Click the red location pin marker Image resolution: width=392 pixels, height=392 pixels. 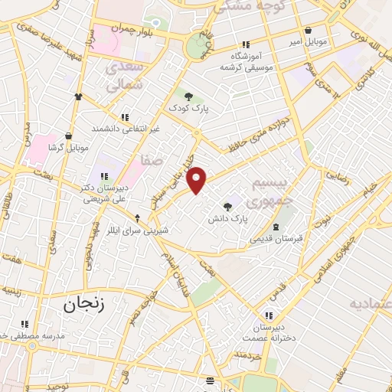click(198, 180)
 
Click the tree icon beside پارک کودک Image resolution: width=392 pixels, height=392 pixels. click(188, 96)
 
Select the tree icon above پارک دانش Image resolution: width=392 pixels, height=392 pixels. click(227, 205)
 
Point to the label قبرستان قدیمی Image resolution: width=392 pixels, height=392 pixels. click(276, 238)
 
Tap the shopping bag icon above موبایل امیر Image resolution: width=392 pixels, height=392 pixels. click(308, 31)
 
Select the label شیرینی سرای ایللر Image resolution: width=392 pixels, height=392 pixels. click(139, 229)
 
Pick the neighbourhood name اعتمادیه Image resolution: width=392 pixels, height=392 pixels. click(370, 305)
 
